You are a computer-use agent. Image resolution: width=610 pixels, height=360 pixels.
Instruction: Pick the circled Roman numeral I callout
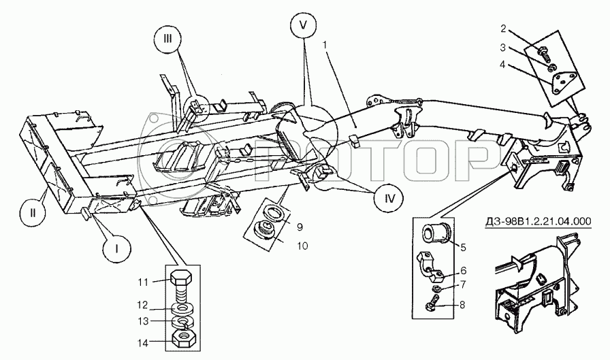[x=117, y=249]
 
